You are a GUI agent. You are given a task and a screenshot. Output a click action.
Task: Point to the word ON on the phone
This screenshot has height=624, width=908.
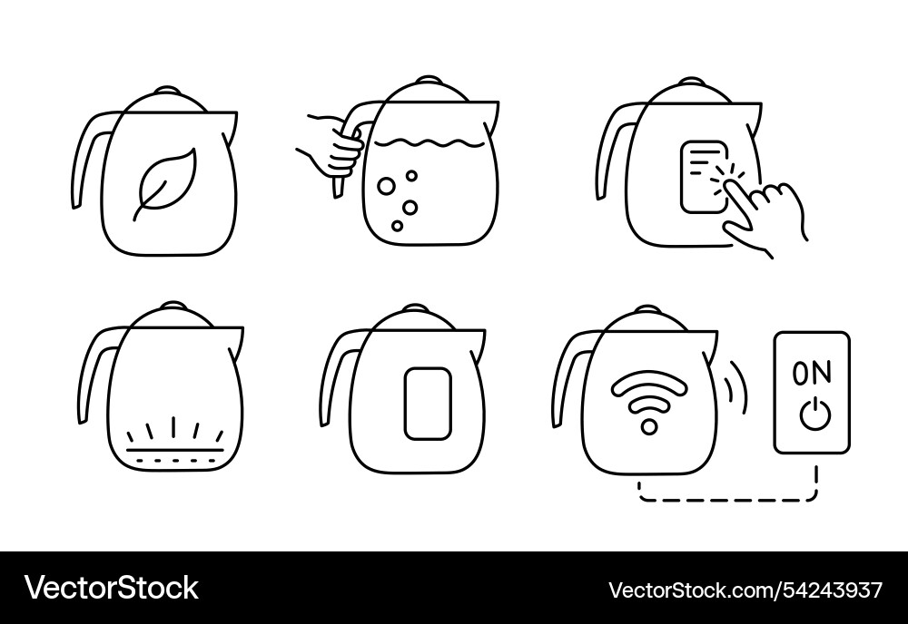811,372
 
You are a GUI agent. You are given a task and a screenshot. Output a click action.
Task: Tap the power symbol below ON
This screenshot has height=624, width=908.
813,414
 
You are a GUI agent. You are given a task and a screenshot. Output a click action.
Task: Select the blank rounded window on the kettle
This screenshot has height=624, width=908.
427,403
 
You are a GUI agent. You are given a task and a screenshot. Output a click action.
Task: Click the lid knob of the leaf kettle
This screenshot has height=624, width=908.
167,91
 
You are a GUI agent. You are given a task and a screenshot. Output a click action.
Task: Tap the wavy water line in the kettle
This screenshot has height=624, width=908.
430,142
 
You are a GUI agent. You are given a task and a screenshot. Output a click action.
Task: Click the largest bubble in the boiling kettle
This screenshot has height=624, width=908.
386,186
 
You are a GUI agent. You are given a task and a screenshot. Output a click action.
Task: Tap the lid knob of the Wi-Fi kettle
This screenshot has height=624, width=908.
648,310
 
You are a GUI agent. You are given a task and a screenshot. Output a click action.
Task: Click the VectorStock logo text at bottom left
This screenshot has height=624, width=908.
112,588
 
